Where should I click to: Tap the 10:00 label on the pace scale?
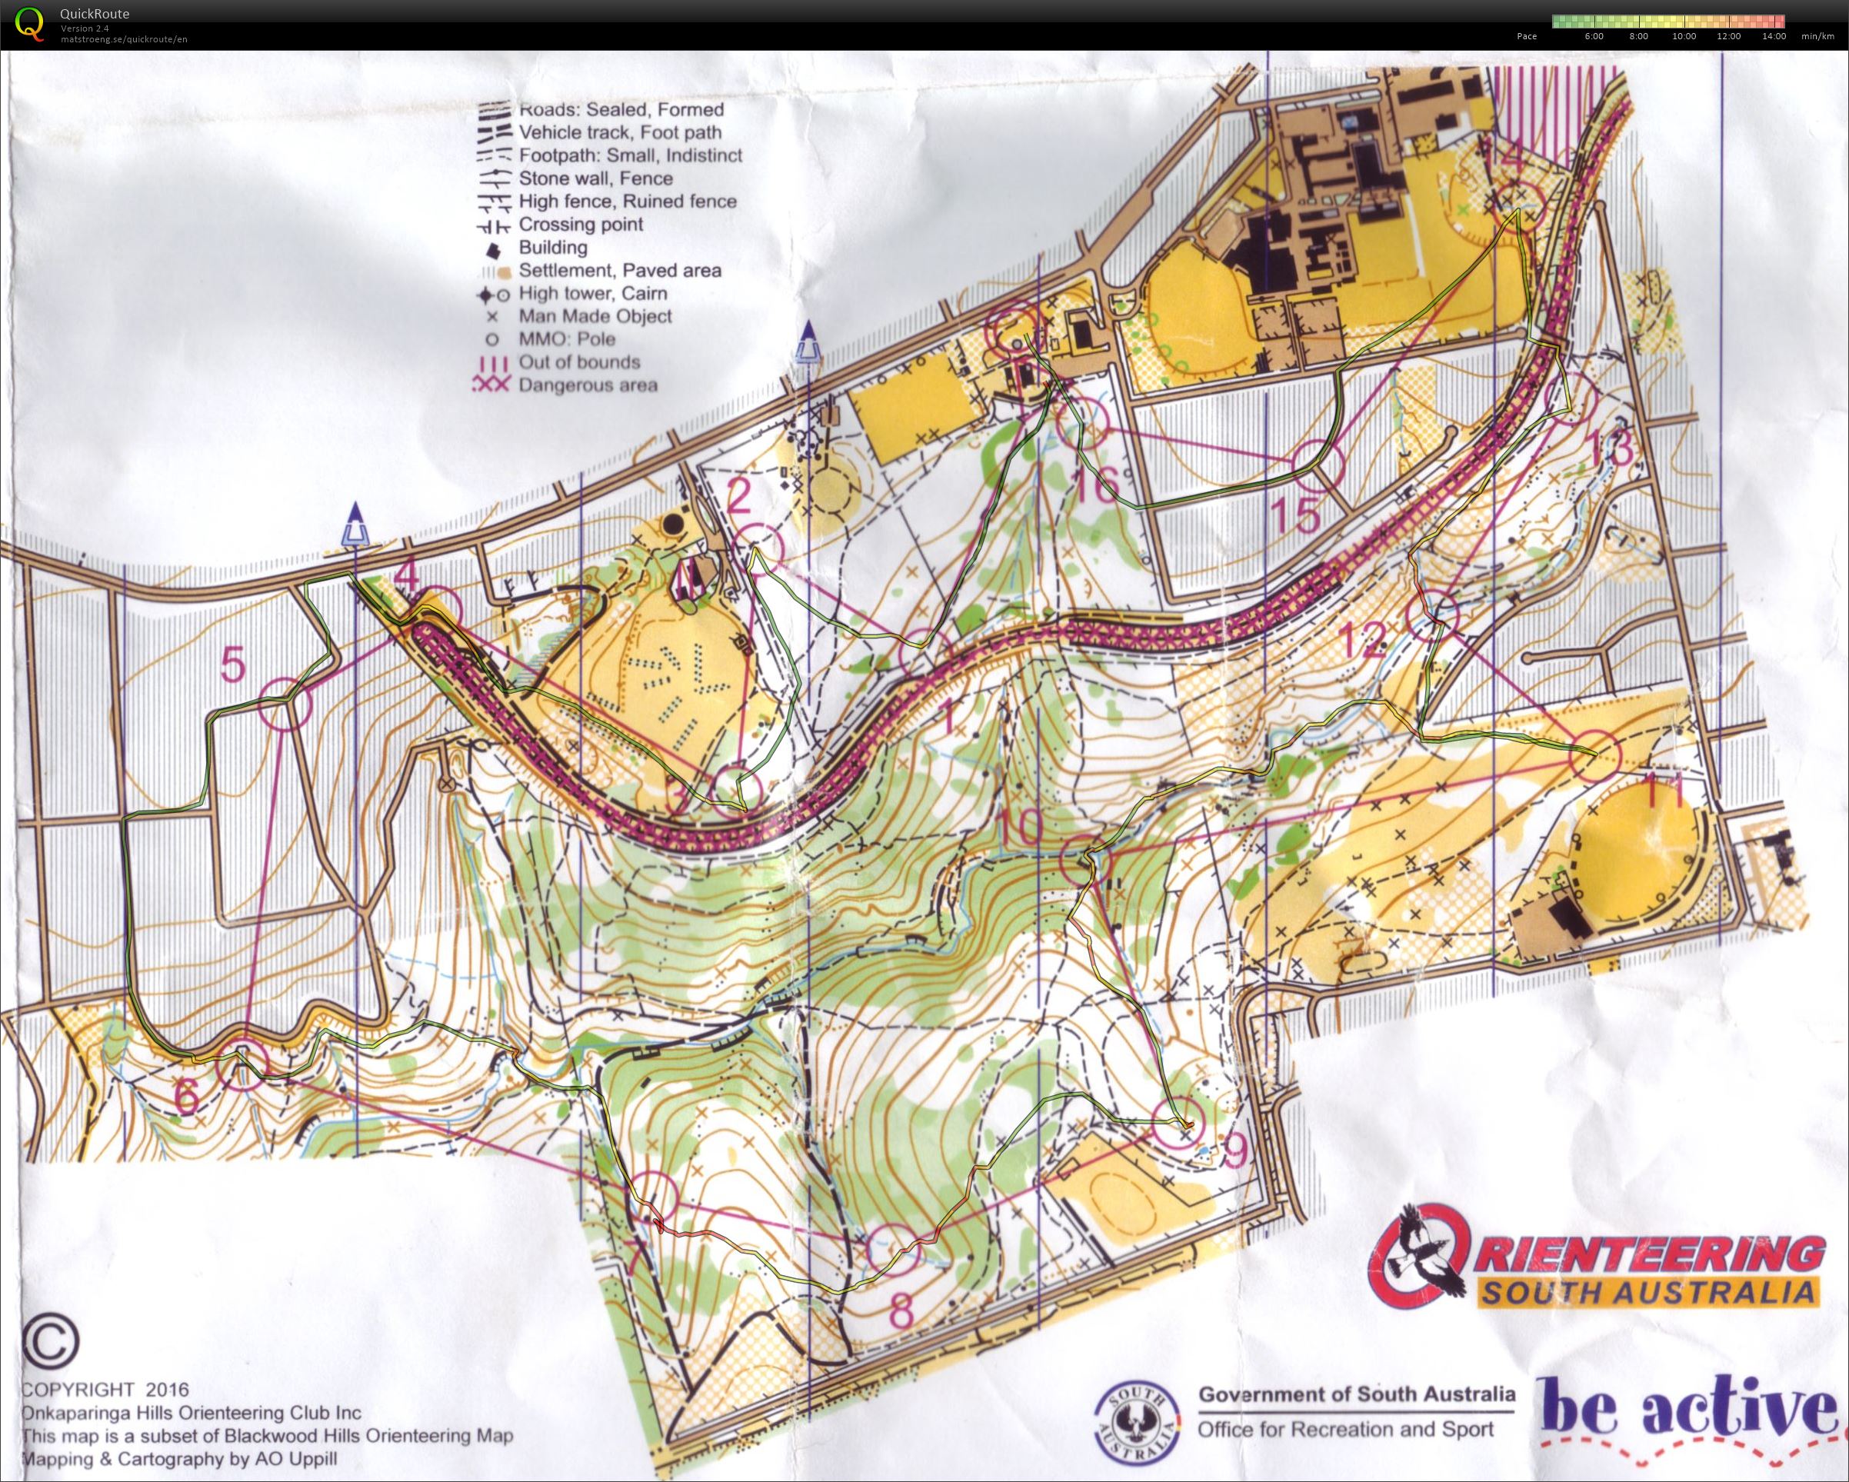1684,36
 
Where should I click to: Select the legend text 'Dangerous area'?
588,385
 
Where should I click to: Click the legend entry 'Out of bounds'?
579,362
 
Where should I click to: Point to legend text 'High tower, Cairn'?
591,293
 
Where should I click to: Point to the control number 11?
1664,791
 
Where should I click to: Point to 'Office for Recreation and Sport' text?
1344,1430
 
